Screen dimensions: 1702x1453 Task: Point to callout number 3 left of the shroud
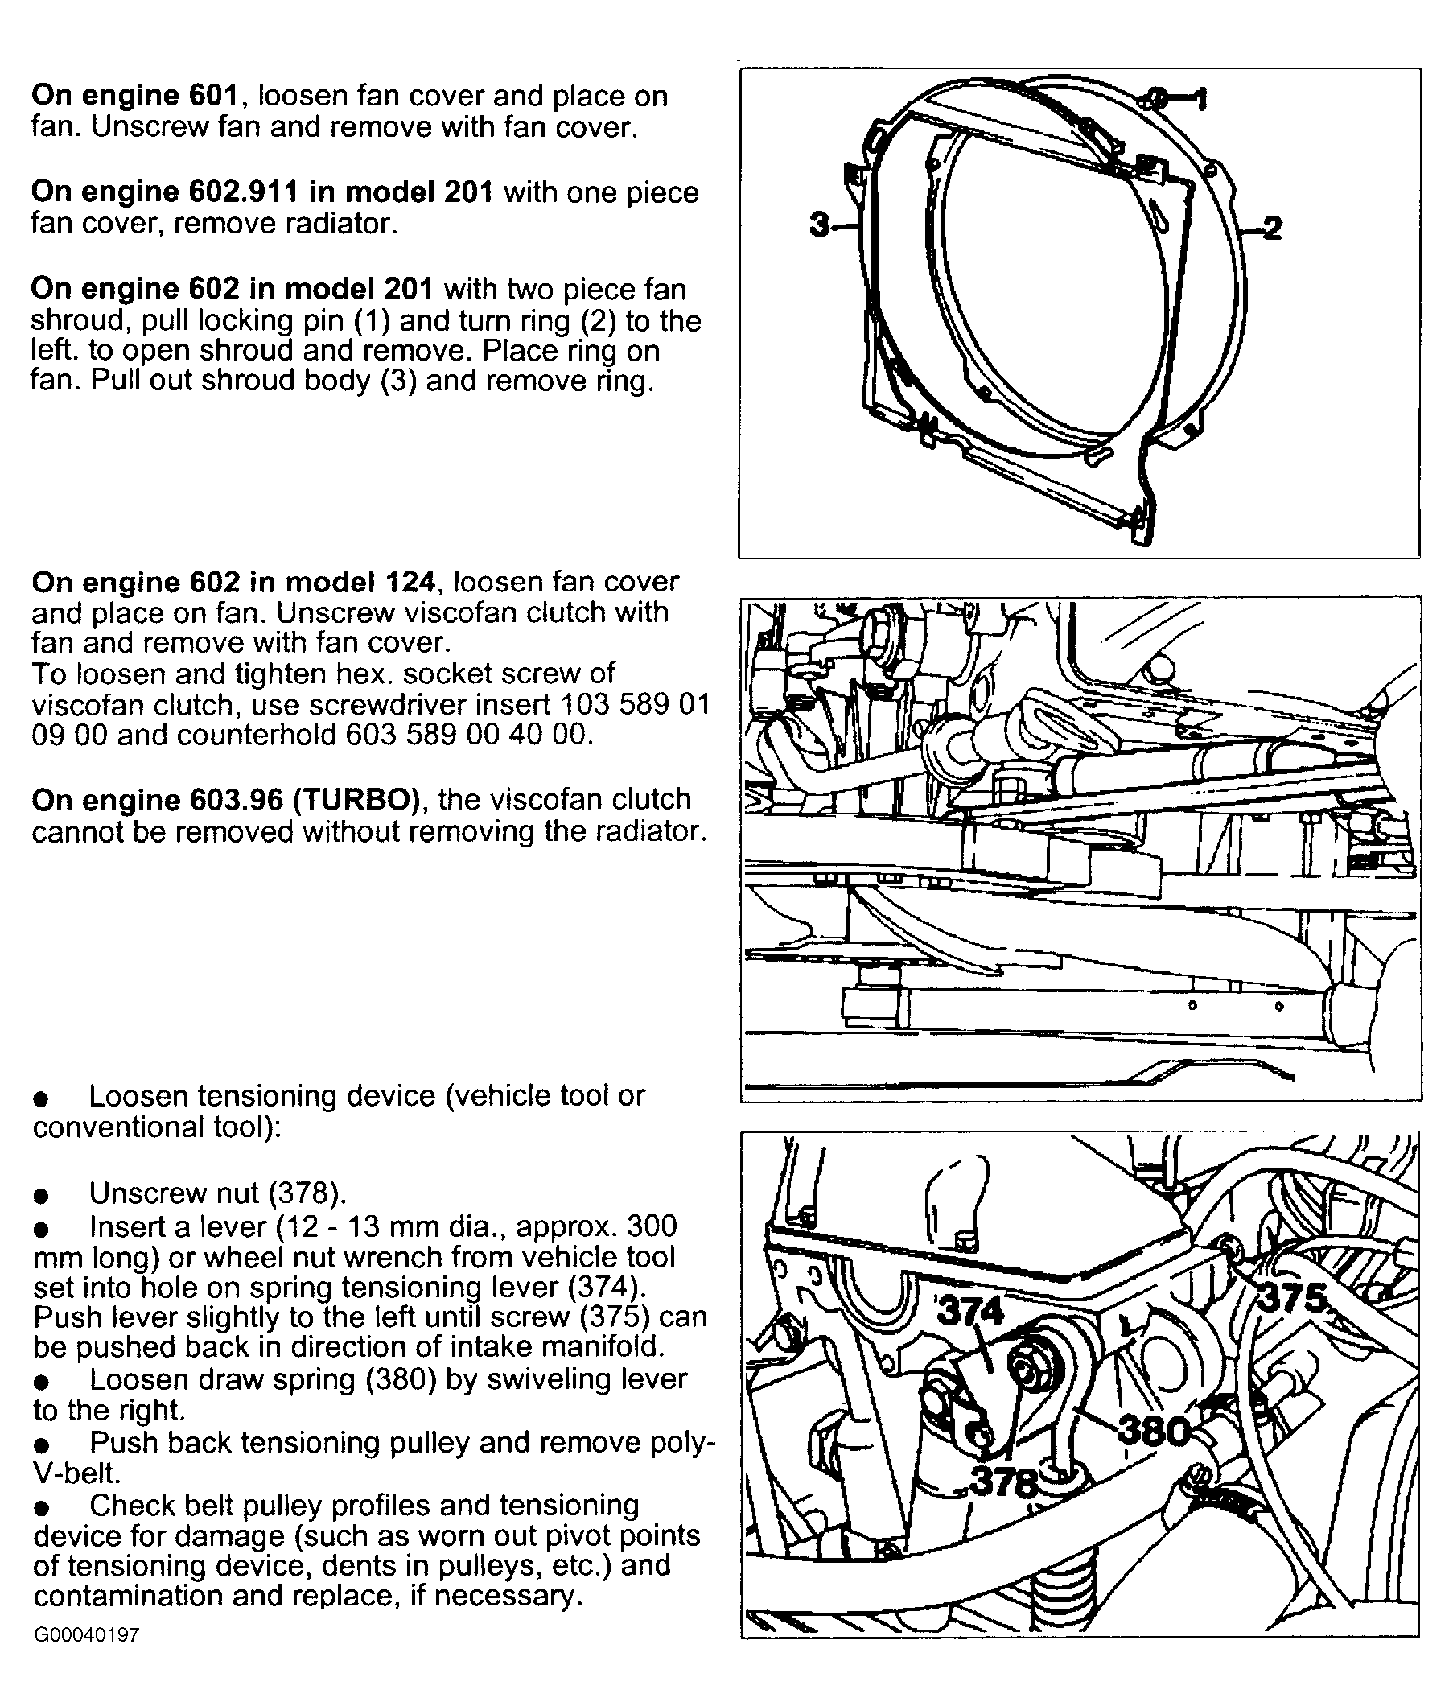(819, 225)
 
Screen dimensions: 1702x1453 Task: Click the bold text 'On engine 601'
(134, 96)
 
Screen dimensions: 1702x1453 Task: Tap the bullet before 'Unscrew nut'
(41, 1195)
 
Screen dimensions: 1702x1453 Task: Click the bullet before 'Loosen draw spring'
(41, 1382)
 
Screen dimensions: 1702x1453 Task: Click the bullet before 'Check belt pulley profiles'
(41, 1507)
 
